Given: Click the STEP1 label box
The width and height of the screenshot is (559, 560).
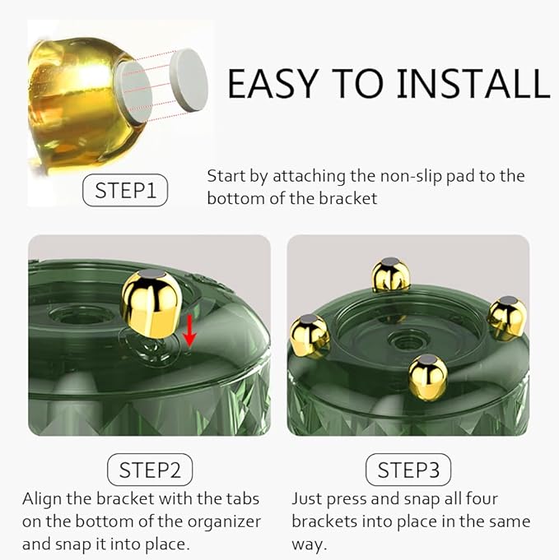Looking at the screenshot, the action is tap(125, 190).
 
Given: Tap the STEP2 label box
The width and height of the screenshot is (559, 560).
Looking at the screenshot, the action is tap(150, 470).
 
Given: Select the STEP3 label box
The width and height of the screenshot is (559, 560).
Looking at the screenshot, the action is tap(408, 470).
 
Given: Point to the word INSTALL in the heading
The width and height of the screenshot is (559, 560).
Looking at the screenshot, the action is tap(473, 84).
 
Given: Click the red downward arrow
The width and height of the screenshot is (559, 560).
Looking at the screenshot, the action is tap(189, 331).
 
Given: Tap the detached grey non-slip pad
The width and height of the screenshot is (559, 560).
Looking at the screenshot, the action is tap(189, 79).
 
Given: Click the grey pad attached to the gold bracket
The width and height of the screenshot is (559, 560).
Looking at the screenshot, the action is tap(133, 92).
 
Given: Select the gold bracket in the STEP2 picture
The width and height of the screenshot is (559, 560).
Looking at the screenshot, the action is tap(151, 303).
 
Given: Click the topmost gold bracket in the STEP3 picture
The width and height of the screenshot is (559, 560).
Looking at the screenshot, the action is tap(390, 275).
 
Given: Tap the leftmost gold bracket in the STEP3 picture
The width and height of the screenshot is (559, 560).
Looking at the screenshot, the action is tap(310, 335).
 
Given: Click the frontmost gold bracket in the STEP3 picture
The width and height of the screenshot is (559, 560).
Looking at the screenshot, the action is tap(428, 377).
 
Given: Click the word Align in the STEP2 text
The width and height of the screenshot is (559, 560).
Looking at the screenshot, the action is tap(42, 499).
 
